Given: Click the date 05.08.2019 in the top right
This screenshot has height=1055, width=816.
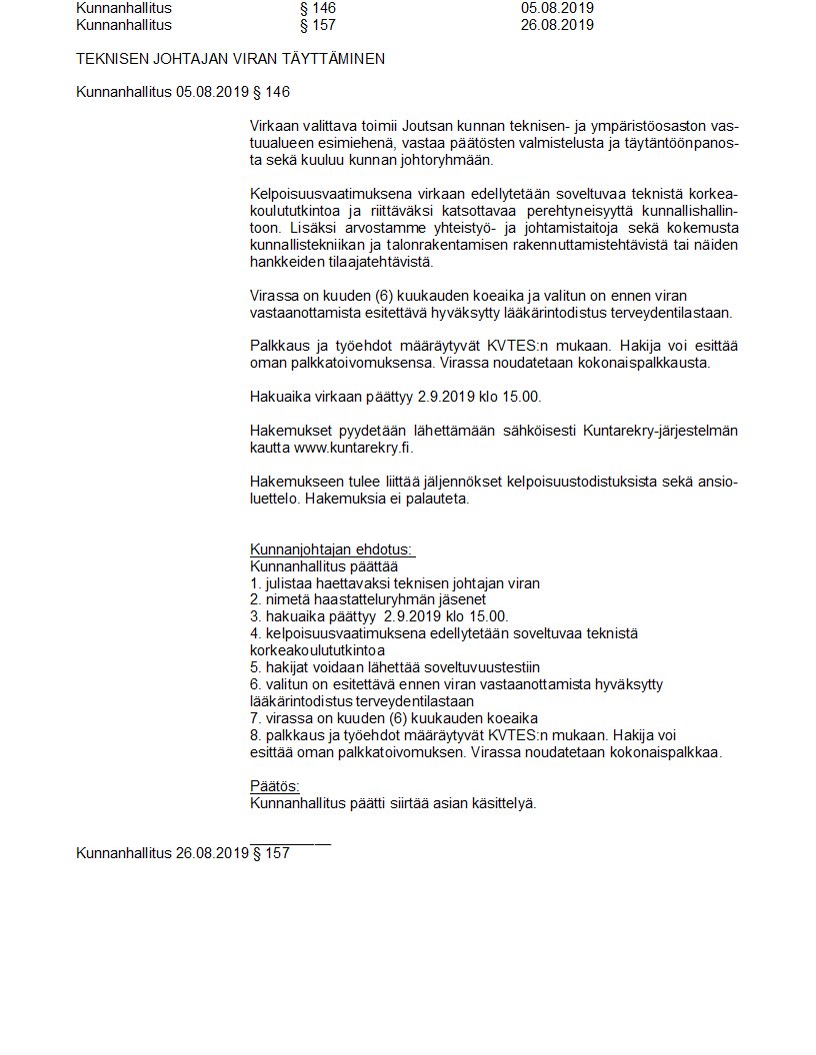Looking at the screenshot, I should [x=557, y=8].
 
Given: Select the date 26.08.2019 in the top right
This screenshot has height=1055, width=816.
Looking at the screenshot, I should [x=557, y=25].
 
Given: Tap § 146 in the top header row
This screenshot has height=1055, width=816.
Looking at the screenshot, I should [x=318, y=8].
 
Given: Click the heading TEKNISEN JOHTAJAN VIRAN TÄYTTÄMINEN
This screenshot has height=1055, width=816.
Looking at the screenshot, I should [x=230, y=59].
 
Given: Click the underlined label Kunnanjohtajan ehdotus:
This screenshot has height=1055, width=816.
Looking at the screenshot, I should [x=332, y=549].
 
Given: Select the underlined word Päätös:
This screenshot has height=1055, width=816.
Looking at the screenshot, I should [x=274, y=786].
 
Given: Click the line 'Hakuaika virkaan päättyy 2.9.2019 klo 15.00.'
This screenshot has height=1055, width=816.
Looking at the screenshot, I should [x=395, y=397].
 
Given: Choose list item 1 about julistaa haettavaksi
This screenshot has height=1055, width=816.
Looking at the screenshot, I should [x=395, y=582].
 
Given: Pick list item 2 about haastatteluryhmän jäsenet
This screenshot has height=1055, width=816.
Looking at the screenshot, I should [x=368, y=599].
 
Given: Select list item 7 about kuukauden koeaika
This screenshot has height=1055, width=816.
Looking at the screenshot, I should [x=394, y=718].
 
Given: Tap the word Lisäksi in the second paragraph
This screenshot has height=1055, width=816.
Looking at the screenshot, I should [x=273, y=227].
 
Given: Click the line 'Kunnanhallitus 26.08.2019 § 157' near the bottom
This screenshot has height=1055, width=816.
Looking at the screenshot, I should [x=183, y=853].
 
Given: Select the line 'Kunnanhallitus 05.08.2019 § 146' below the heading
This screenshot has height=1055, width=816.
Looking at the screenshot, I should [x=183, y=93].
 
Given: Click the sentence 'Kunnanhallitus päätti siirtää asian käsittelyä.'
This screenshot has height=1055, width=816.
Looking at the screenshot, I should [x=393, y=803].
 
